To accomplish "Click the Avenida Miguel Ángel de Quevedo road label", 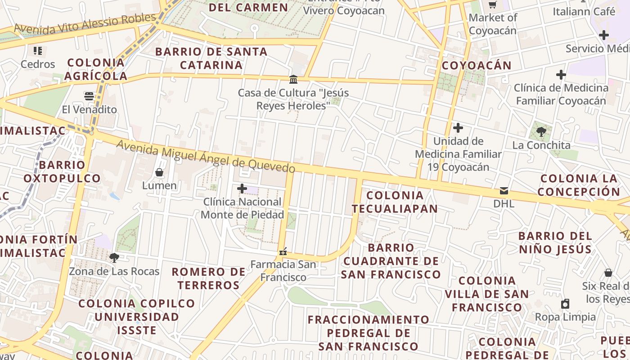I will [x=206, y=157].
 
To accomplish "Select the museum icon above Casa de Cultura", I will [x=293, y=80].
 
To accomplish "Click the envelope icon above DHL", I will [x=504, y=191].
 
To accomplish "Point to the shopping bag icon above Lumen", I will [x=159, y=172].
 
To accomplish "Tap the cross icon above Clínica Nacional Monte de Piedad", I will [x=242, y=189].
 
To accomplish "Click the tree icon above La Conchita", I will [x=541, y=132].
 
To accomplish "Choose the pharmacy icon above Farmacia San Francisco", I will [x=283, y=252].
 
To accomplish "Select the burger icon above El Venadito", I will [x=89, y=96].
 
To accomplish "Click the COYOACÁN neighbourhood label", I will [x=477, y=66].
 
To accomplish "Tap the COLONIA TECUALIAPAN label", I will [x=395, y=202].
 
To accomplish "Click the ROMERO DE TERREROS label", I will [x=209, y=279].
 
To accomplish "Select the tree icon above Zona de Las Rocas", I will [x=114, y=258].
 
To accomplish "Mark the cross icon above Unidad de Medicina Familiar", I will [x=458, y=128].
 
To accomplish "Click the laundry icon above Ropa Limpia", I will [x=565, y=304].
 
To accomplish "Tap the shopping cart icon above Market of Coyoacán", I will [x=493, y=5].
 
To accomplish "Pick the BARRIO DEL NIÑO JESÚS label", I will [x=555, y=243].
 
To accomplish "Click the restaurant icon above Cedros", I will [x=38, y=51].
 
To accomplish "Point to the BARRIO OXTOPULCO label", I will [x=62, y=171].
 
